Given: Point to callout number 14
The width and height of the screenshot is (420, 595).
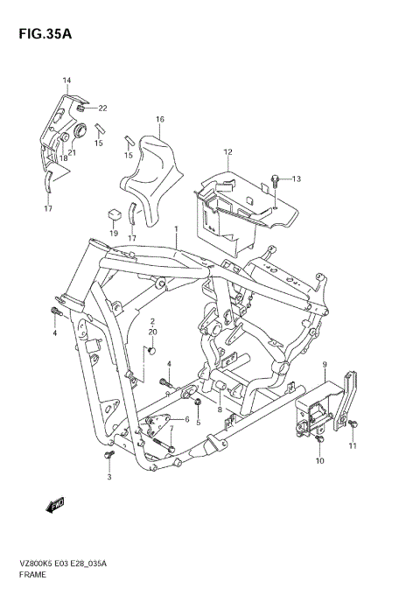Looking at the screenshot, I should pyautogui.click(x=66, y=80).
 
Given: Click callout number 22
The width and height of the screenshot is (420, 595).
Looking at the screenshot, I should pyautogui.click(x=102, y=108).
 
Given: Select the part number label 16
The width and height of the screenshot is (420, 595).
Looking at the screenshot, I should pyautogui.click(x=160, y=120).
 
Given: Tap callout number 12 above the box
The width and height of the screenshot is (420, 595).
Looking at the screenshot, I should pyautogui.click(x=227, y=152).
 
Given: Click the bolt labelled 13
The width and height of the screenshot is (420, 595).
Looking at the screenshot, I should pyautogui.click(x=276, y=181).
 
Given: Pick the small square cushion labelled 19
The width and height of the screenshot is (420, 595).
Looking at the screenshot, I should pyautogui.click(x=113, y=213).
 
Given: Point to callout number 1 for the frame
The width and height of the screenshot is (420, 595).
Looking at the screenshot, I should pyautogui.click(x=176, y=229).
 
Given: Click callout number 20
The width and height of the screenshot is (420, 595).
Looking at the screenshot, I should pyautogui.click(x=152, y=332).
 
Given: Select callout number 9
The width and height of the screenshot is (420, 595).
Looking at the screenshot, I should pyautogui.click(x=324, y=364).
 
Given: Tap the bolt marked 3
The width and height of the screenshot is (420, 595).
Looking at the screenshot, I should pyautogui.click(x=109, y=457).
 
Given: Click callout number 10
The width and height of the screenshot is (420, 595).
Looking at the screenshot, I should pyautogui.click(x=319, y=460).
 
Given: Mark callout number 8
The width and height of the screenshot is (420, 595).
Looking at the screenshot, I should pyautogui.click(x=220, y=409).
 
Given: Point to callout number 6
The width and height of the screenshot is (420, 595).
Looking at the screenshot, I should pyautogui.click(x=185, y=421).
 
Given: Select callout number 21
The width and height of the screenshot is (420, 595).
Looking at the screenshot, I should pyautogui.click(x=72, y=152).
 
